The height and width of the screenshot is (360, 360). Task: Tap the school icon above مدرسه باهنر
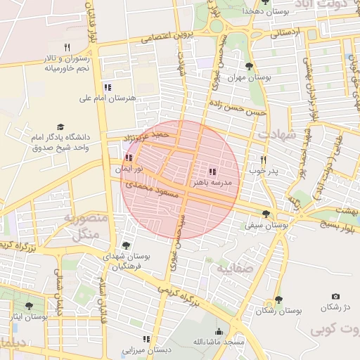coord(212,172)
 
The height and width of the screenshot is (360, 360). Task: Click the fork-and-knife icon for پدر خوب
coord(264,160)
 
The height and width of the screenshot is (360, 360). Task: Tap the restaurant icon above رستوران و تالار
coord(67,47)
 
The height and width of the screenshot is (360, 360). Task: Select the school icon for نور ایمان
coord(128,159)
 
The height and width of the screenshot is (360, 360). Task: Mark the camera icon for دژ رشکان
coord(335,297)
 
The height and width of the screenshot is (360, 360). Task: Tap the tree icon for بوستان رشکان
coord(278,300)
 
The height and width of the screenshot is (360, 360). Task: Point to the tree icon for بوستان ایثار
coord(29,306)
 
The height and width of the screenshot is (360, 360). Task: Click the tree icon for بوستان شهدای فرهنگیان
coord(126,245)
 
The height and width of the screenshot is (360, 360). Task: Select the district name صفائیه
coord(232,269)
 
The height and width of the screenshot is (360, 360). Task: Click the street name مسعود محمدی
coord(149,187)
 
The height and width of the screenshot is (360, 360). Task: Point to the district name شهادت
coord(277,134)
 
